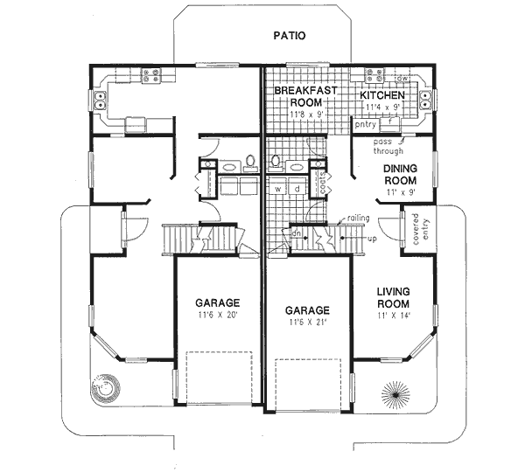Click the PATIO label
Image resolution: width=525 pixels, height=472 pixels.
click(288, 36)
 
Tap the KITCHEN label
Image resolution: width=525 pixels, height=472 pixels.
click(382, 94)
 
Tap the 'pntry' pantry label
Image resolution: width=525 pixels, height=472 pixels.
click(365, 125)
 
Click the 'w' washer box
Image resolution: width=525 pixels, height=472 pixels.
click(277, 188)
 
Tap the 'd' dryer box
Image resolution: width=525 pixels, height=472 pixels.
click(297, 188)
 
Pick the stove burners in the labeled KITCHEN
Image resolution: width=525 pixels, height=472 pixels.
click(377, 76)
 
